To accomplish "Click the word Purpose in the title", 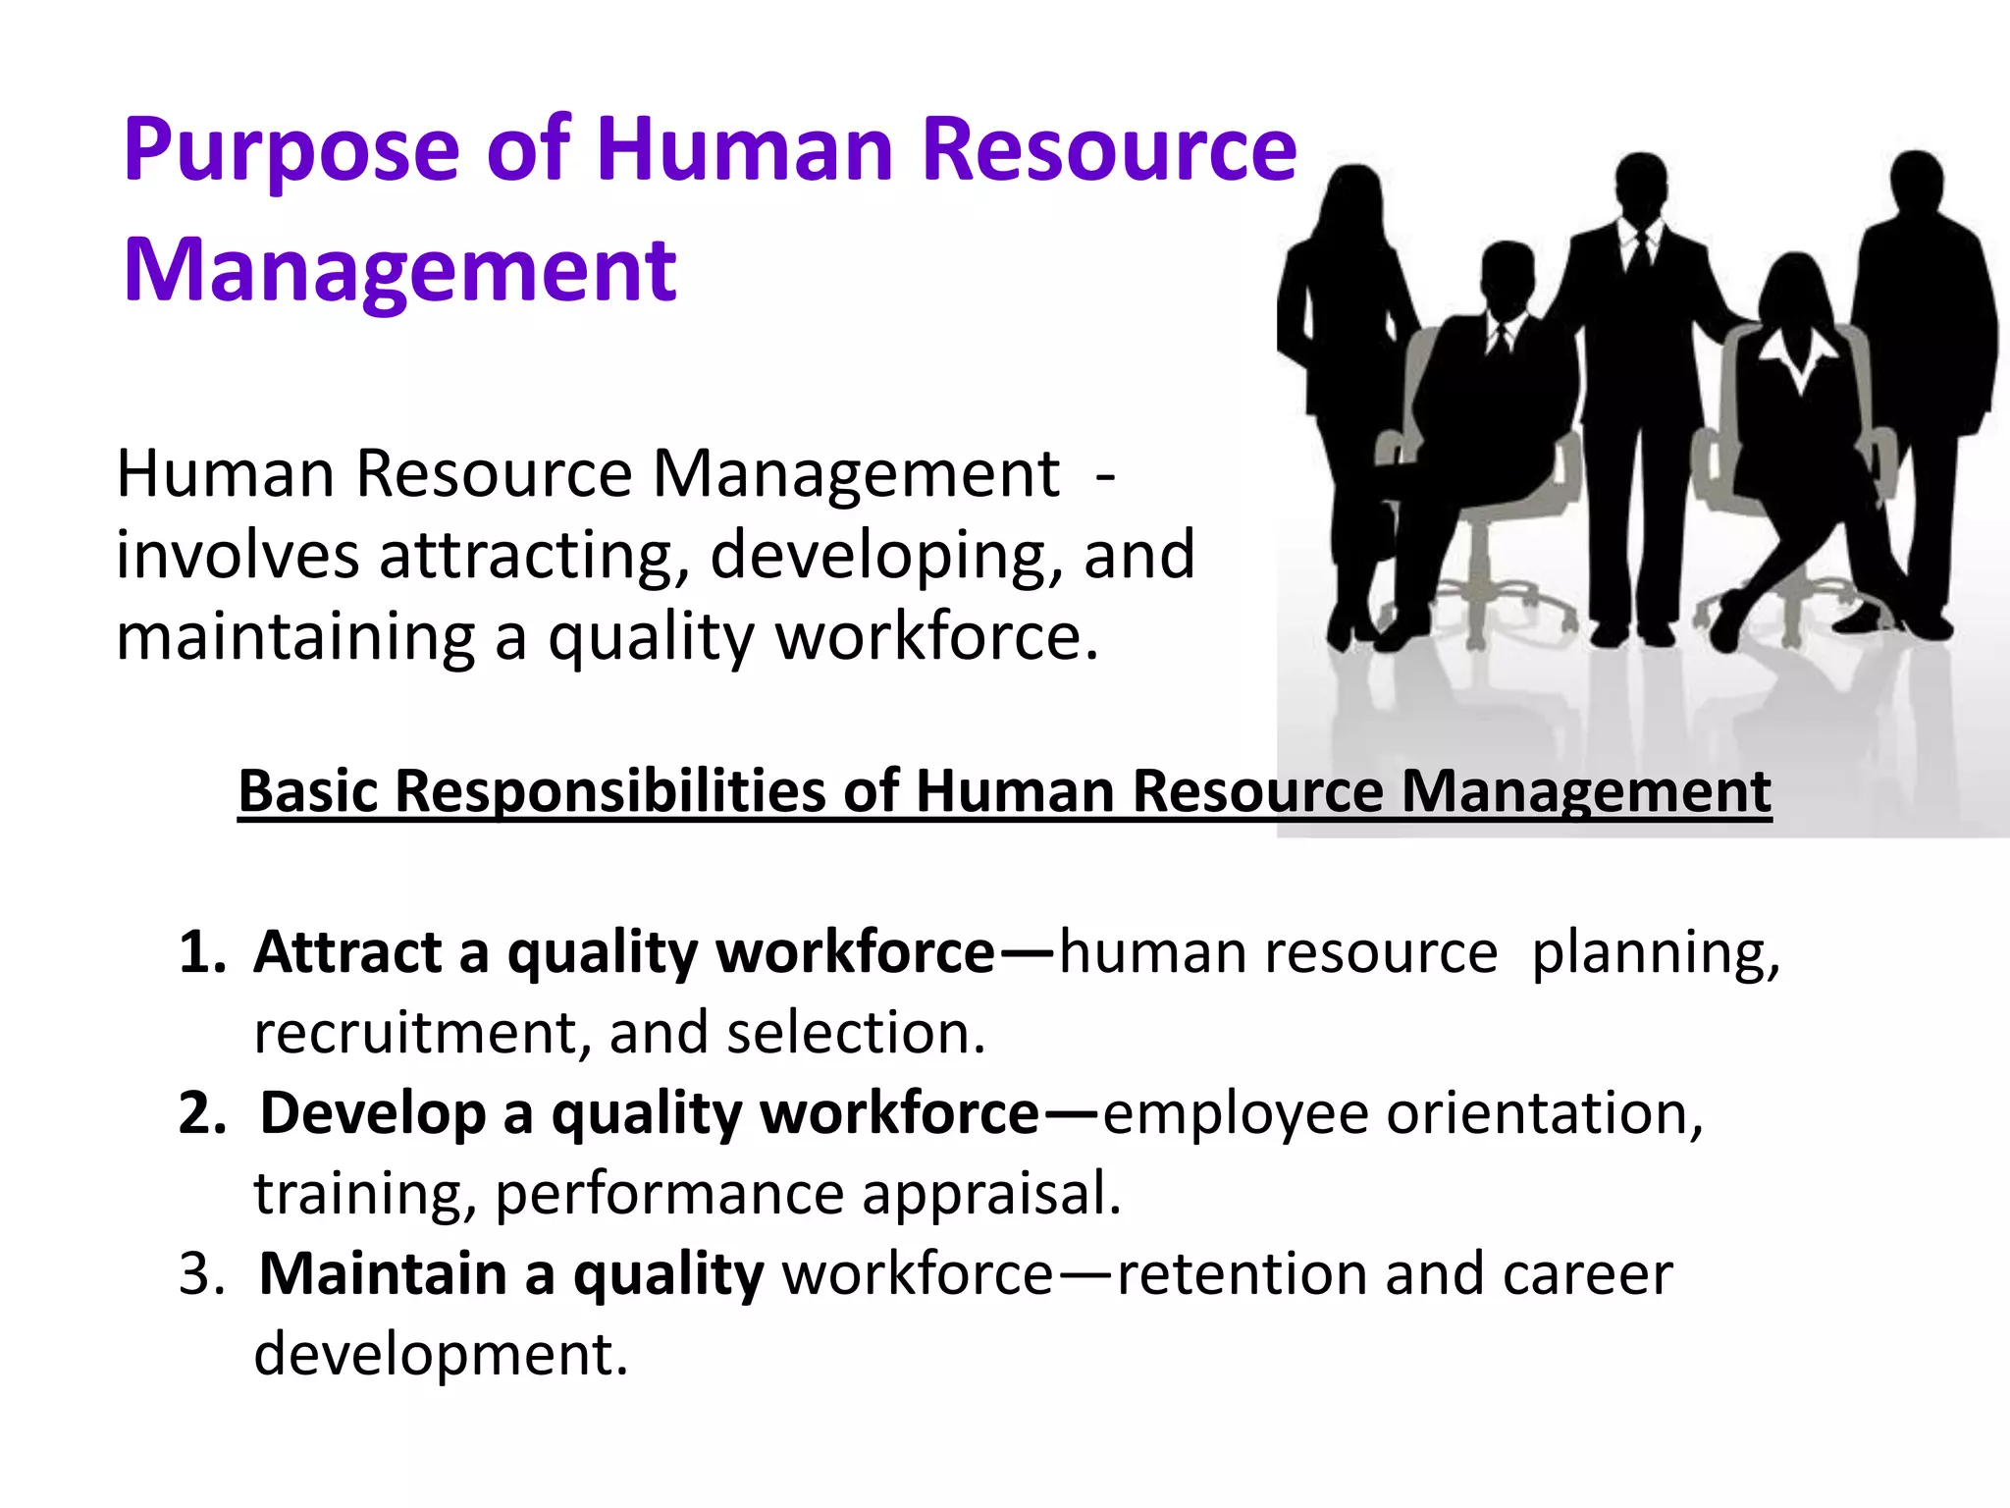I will pos(291,152).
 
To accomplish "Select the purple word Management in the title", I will pos(399,271).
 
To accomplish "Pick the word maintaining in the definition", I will pos(294,638).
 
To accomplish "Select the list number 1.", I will pos(200,953).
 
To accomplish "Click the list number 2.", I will pos(201,1114).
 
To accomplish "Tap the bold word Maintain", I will pos(383,1275).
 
